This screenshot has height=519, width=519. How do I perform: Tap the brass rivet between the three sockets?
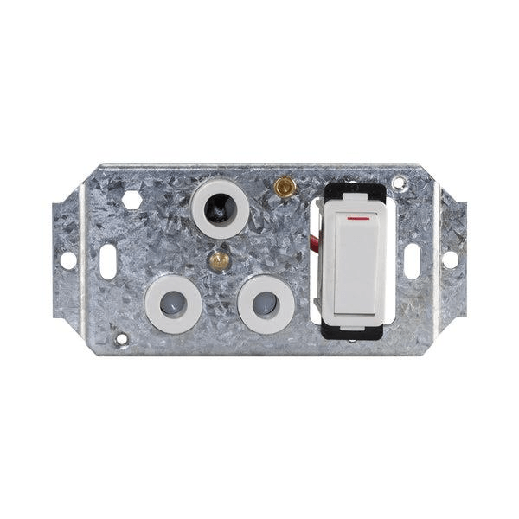222,259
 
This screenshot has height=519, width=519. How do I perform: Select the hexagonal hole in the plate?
131,199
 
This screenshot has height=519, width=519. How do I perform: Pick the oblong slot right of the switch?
413,260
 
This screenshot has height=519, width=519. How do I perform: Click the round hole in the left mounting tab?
67,259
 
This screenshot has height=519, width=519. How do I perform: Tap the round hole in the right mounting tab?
450,259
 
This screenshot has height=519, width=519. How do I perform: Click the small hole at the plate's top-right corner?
399,183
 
